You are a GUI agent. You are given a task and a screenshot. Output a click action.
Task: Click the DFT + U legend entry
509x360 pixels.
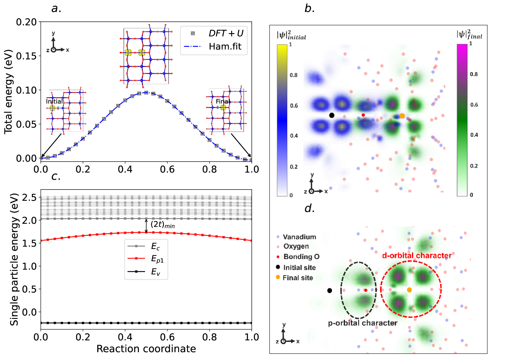[x=226, y=33]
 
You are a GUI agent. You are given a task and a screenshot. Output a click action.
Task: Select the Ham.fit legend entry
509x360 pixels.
[x=225, y=47]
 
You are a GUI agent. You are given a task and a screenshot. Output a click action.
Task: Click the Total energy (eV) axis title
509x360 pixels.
[x=8, y=91]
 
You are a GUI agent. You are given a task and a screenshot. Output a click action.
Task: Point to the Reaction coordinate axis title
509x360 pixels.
[x=146, y=349]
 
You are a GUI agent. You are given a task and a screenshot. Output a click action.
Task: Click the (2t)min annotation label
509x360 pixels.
[x=163, y=225]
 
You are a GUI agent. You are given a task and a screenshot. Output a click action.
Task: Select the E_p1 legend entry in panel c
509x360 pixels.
[x=157, y=259]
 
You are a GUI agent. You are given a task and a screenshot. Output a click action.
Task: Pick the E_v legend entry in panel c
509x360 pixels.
[x=155, y=272]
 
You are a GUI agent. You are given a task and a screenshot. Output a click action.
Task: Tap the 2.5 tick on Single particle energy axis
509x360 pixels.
[x=29, y=198]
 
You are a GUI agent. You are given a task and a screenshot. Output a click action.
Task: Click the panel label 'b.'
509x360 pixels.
[x=309, y=9]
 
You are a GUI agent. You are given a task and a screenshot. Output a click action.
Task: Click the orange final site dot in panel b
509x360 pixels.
[x=402, y=116]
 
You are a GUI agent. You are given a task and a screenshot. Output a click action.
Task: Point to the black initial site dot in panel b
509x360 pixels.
[x=331, y=115]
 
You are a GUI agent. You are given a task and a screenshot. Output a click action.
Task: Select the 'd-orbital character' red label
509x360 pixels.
[x=416, y=255]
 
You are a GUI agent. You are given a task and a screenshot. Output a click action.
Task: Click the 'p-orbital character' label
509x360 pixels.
[x=362, y=323]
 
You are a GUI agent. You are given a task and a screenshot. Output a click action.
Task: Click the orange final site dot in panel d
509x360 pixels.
[x=409, y=290]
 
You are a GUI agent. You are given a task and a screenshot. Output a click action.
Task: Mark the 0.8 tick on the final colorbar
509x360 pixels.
[x=474, y=74]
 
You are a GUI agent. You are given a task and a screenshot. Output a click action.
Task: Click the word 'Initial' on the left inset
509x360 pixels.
[x=54, y=101]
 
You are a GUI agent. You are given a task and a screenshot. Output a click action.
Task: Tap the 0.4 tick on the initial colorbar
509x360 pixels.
[x=294, y=136]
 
